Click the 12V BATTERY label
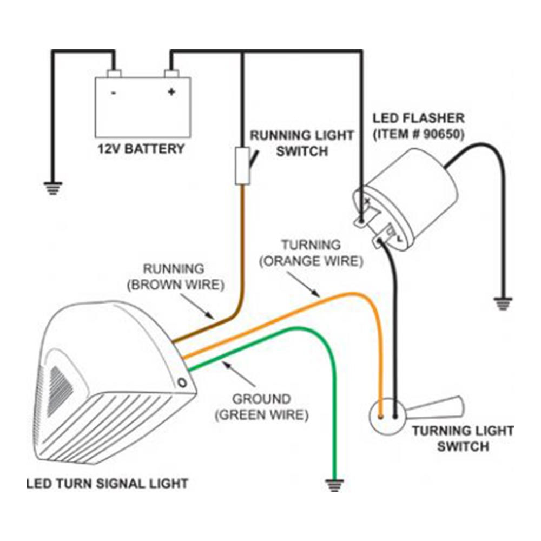pos(140,149)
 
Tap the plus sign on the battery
pos(171,92)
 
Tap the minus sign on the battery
pos(114,93)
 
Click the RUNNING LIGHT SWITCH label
pos(301,143)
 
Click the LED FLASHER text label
pos(418,117)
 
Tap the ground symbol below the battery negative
pos(52,188)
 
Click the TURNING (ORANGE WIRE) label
pos(310,253)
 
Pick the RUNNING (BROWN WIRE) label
pos(174,276)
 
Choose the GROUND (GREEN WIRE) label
pos(261,407)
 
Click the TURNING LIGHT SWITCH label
pos(463,438)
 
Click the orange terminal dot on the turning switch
pos(382,417)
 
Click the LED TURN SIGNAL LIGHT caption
pos(107,483)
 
